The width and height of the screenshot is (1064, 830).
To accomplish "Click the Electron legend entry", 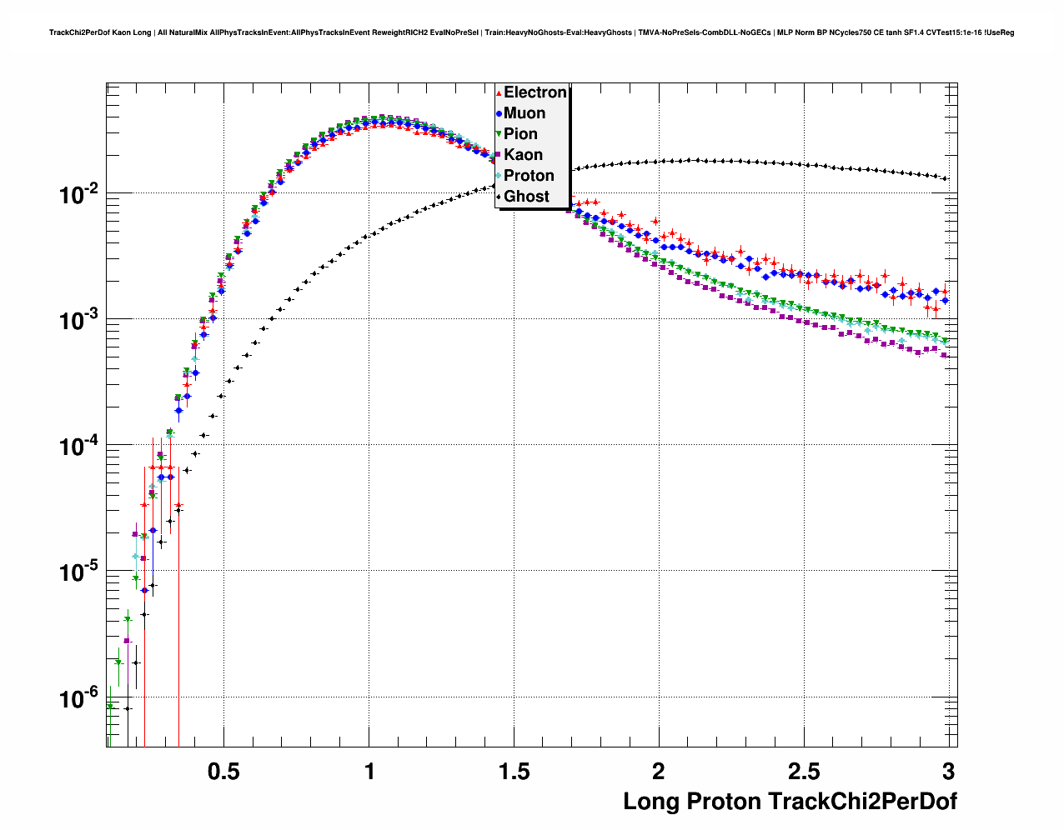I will (x=535, y=92).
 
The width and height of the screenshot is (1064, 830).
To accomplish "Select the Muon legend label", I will (x=524, y=113).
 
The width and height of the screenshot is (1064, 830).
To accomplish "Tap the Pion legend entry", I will (x=520, y=134).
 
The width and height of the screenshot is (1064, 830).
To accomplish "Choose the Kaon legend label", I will (x=523, y=155).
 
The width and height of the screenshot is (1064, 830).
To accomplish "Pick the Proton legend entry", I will (x=529, y=176).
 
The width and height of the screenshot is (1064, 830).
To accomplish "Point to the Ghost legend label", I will (x=526, y=197).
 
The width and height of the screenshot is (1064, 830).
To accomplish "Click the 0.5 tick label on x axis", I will (x=223, y=772).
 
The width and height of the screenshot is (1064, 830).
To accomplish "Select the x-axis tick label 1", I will (x=369, y=772).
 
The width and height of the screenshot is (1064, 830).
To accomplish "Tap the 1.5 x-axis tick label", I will (x=514, y=772).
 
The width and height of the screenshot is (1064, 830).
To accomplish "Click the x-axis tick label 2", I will (x=659, y=772).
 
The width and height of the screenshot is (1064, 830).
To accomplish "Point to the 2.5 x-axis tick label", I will (x=804, y=772).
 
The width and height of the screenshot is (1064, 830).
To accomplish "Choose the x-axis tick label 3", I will (x=948, y=772).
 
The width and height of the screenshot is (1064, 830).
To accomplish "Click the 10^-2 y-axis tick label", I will (x=79, y=195).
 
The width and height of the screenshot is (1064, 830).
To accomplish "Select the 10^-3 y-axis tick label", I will (x=79, y=321).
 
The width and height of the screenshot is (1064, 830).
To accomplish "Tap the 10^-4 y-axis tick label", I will (x=79, y=447).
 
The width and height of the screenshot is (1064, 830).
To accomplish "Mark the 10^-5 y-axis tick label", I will (x=79, y=572).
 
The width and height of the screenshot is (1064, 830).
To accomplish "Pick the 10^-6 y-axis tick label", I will (x=79, y=698).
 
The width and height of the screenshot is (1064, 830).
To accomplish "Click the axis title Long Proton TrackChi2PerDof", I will (x=790, y=802).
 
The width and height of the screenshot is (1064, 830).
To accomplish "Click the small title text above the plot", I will (x=531, y=32).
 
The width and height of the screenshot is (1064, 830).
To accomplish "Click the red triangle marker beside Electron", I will (x=499, y=92).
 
